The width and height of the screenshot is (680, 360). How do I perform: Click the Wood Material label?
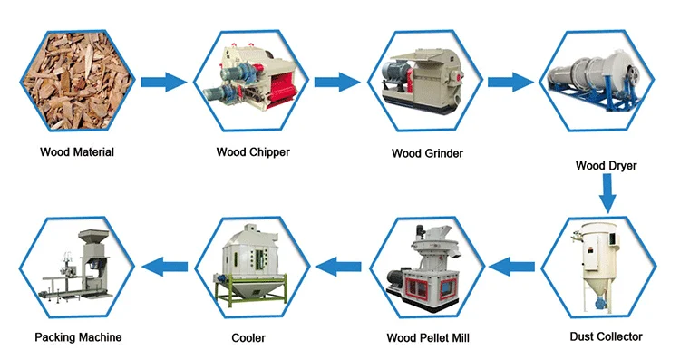[x=77, y=152]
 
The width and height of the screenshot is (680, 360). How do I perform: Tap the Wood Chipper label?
[x=253, y=152]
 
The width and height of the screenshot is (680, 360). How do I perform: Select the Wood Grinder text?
[x=427, y=153]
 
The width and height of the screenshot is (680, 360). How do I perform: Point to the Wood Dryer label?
[x=606, y=166]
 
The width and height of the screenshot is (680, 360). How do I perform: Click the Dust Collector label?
[x=606, y=336]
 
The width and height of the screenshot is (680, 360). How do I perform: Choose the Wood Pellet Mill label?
[x=428, y=338]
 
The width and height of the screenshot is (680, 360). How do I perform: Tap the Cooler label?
[x=248, y=338]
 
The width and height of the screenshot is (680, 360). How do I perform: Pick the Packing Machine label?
[x=78, y=337]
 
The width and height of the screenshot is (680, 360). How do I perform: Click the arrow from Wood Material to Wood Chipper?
[x=163, y=82]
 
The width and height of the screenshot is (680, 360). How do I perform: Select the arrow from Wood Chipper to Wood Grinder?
[x=337, y=82]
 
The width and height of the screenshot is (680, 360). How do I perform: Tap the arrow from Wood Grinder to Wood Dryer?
[x=510, y=82]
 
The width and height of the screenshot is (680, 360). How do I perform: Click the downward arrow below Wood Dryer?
[x=607, y=194]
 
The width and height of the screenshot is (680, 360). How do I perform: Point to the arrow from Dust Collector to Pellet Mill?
[x=511, y=267]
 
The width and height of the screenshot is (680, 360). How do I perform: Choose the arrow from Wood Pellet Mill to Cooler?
[x=338, y=267]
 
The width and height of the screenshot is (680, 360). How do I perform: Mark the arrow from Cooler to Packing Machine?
[x=165, y=267]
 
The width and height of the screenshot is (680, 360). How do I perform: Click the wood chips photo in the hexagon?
[x=77, y=81]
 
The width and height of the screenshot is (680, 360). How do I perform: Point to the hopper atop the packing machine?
[x=93, y=238]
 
